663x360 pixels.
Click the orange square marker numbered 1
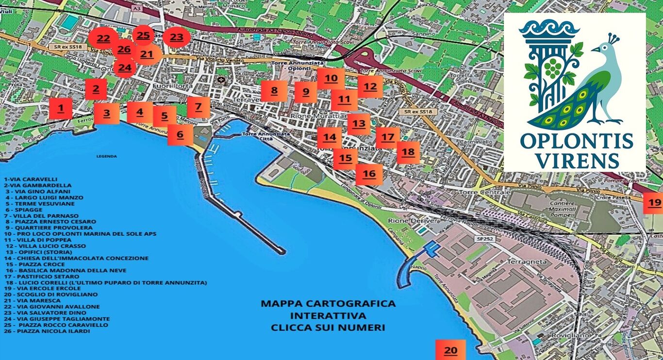60,109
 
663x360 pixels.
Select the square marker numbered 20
450,350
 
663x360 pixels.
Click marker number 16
369,174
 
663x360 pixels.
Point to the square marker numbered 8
274,91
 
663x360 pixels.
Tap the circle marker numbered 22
102,39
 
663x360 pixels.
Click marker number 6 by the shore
180,135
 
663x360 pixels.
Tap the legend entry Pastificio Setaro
41,276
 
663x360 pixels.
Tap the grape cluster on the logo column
552,68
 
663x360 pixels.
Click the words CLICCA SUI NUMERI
328,327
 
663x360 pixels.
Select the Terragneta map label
527,262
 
